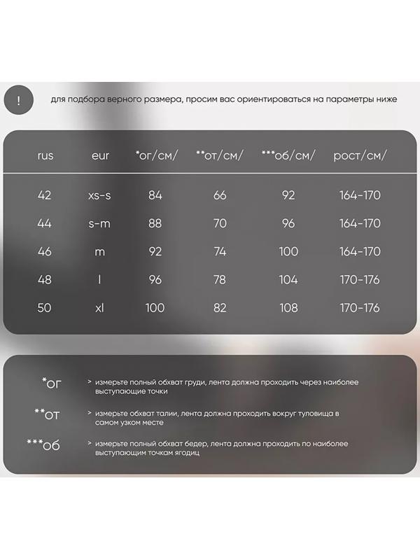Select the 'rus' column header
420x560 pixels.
coord(45,155)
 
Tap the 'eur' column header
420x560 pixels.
coord(100,155)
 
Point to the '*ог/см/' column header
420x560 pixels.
coord(157,155)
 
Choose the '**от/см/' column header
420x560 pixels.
coord(220,155)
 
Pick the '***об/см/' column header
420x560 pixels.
coord(288,155)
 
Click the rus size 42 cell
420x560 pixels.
coord(45,195)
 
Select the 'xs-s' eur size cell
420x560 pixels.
coord(100,195)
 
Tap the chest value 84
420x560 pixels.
coord(155,195)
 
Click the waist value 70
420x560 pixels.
coord(220,223)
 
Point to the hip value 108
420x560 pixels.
coord(288,308)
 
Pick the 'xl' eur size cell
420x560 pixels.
coord(99,308)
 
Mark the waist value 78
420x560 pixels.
coord(220,280)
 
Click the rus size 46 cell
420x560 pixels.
coord(45,252)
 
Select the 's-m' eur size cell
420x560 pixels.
coord(100,223)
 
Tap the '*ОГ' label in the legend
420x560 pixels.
coord(52,384)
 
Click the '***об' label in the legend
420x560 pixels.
coord(43,445)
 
